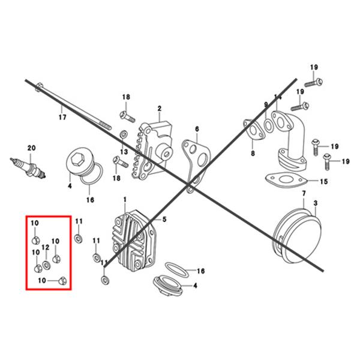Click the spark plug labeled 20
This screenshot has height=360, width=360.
point(28,168)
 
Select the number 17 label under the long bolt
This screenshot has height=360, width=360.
point(62,118)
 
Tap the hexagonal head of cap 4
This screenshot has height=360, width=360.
point(76,160)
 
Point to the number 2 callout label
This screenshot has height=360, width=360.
point(160,109)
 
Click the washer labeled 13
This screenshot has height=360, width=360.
point(124,134)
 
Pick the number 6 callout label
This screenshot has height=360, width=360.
point(197,129)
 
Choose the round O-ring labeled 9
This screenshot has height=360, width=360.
point(268,125)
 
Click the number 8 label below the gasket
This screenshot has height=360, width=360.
point(253,153)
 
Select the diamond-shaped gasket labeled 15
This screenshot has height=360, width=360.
point(286,179)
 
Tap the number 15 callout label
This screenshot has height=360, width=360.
point(324,182)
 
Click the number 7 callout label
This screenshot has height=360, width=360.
point(304,194)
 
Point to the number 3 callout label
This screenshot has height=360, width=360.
point(316,203)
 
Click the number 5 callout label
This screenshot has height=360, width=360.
point(164,219)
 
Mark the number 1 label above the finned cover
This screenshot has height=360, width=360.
point(125,200)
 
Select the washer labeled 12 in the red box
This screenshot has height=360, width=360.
point(47,265)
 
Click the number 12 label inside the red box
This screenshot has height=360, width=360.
point(46,247)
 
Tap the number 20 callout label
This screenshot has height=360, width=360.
point(32,148)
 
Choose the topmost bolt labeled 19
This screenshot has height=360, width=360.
point(314,82)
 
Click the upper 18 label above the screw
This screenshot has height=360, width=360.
point(126,97)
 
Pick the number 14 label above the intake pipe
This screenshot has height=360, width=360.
point(278,97)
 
